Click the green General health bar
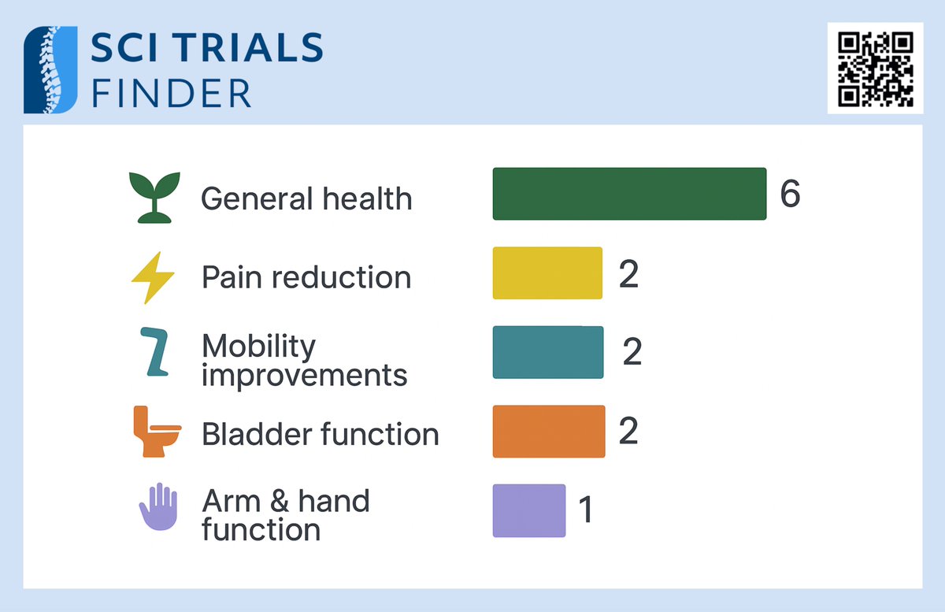(x=629, y=194)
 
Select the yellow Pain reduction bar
(x=547, y=273)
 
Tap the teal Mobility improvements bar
(x=548, y=352)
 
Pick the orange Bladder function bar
(x=549, y=432)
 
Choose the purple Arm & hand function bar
(x=529, y=510)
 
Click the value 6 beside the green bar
(x=790, y=194)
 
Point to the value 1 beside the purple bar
(x=585, y=510)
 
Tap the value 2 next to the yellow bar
(x=628, y=275)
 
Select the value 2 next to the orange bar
(x=628, y=432)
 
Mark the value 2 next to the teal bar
(x=632, y=353)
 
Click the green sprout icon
(x=154, y=196)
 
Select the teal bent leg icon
(x=154, y=352)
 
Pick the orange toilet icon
(x=155, y=432)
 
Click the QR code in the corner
(x=875, y=69)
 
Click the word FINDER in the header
(x=171, y=93)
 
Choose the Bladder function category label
(x=320, y=434)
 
